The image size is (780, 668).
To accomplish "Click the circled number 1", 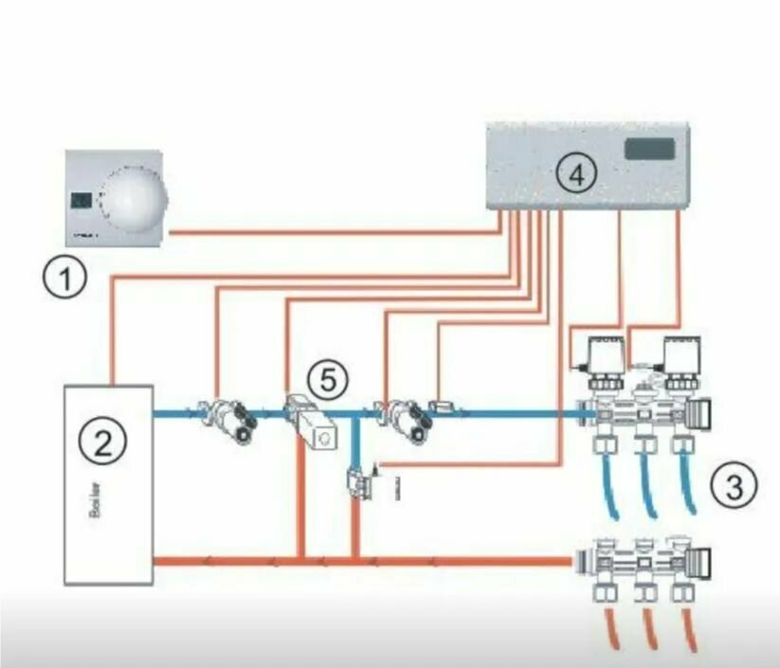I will coord(63,280).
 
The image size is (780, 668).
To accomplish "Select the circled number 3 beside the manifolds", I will coord(738,486).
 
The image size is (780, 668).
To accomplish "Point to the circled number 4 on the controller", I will coord(575,173).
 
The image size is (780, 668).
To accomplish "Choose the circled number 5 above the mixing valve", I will coord(327,381).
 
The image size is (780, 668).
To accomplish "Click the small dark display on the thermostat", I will coord(82,201).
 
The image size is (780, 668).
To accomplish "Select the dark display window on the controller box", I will coord(649,148).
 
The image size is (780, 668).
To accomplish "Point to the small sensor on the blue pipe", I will coord(442,408).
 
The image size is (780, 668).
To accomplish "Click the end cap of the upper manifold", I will coord(703,414).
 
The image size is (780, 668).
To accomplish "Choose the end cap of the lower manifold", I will coord(703,556).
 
